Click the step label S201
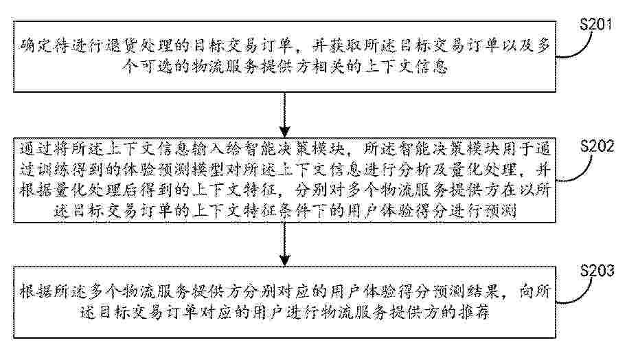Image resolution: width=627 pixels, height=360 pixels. (x=596, y=25)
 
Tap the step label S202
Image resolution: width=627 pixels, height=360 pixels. (x=597, y=146)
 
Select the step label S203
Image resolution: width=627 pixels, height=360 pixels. (x=597, y=271)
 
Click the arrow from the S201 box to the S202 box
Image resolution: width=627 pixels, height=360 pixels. (x=284, y=115)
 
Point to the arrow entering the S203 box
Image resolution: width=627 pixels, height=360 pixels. (x=284, y=244)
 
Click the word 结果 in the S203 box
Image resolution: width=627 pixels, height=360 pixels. (x=485, y=291)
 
